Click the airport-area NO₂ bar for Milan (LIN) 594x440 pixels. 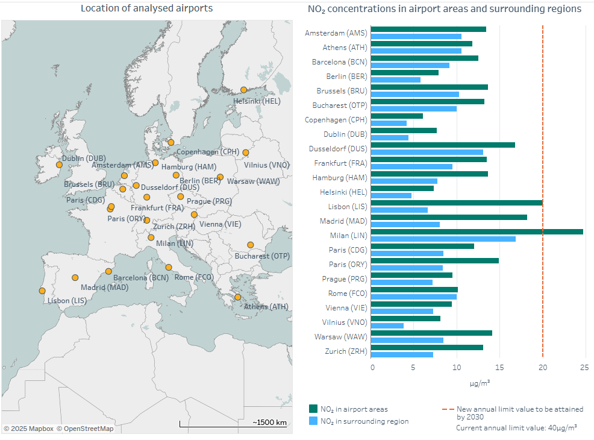[477, 231]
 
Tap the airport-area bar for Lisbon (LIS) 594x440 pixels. [456, 203]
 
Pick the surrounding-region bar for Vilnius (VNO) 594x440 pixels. [387, 325]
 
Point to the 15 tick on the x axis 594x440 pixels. [499, 366]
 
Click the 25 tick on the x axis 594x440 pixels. [584, 366]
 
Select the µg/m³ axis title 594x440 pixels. [480, 383]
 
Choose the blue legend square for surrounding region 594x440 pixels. [313, 421]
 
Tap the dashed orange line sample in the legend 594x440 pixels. [448, 409]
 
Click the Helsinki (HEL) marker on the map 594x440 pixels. [243, 90]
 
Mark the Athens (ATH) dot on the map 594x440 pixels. [238, 297]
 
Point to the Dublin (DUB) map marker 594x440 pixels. [59, 165]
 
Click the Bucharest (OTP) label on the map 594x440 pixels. [262, 256]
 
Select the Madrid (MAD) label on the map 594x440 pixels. [104, 288]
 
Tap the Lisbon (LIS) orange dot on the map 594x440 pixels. [42, 291]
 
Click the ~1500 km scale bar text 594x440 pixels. [269, 422]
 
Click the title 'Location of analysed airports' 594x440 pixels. [146, 8]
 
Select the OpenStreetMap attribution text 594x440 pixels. [85, 429]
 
